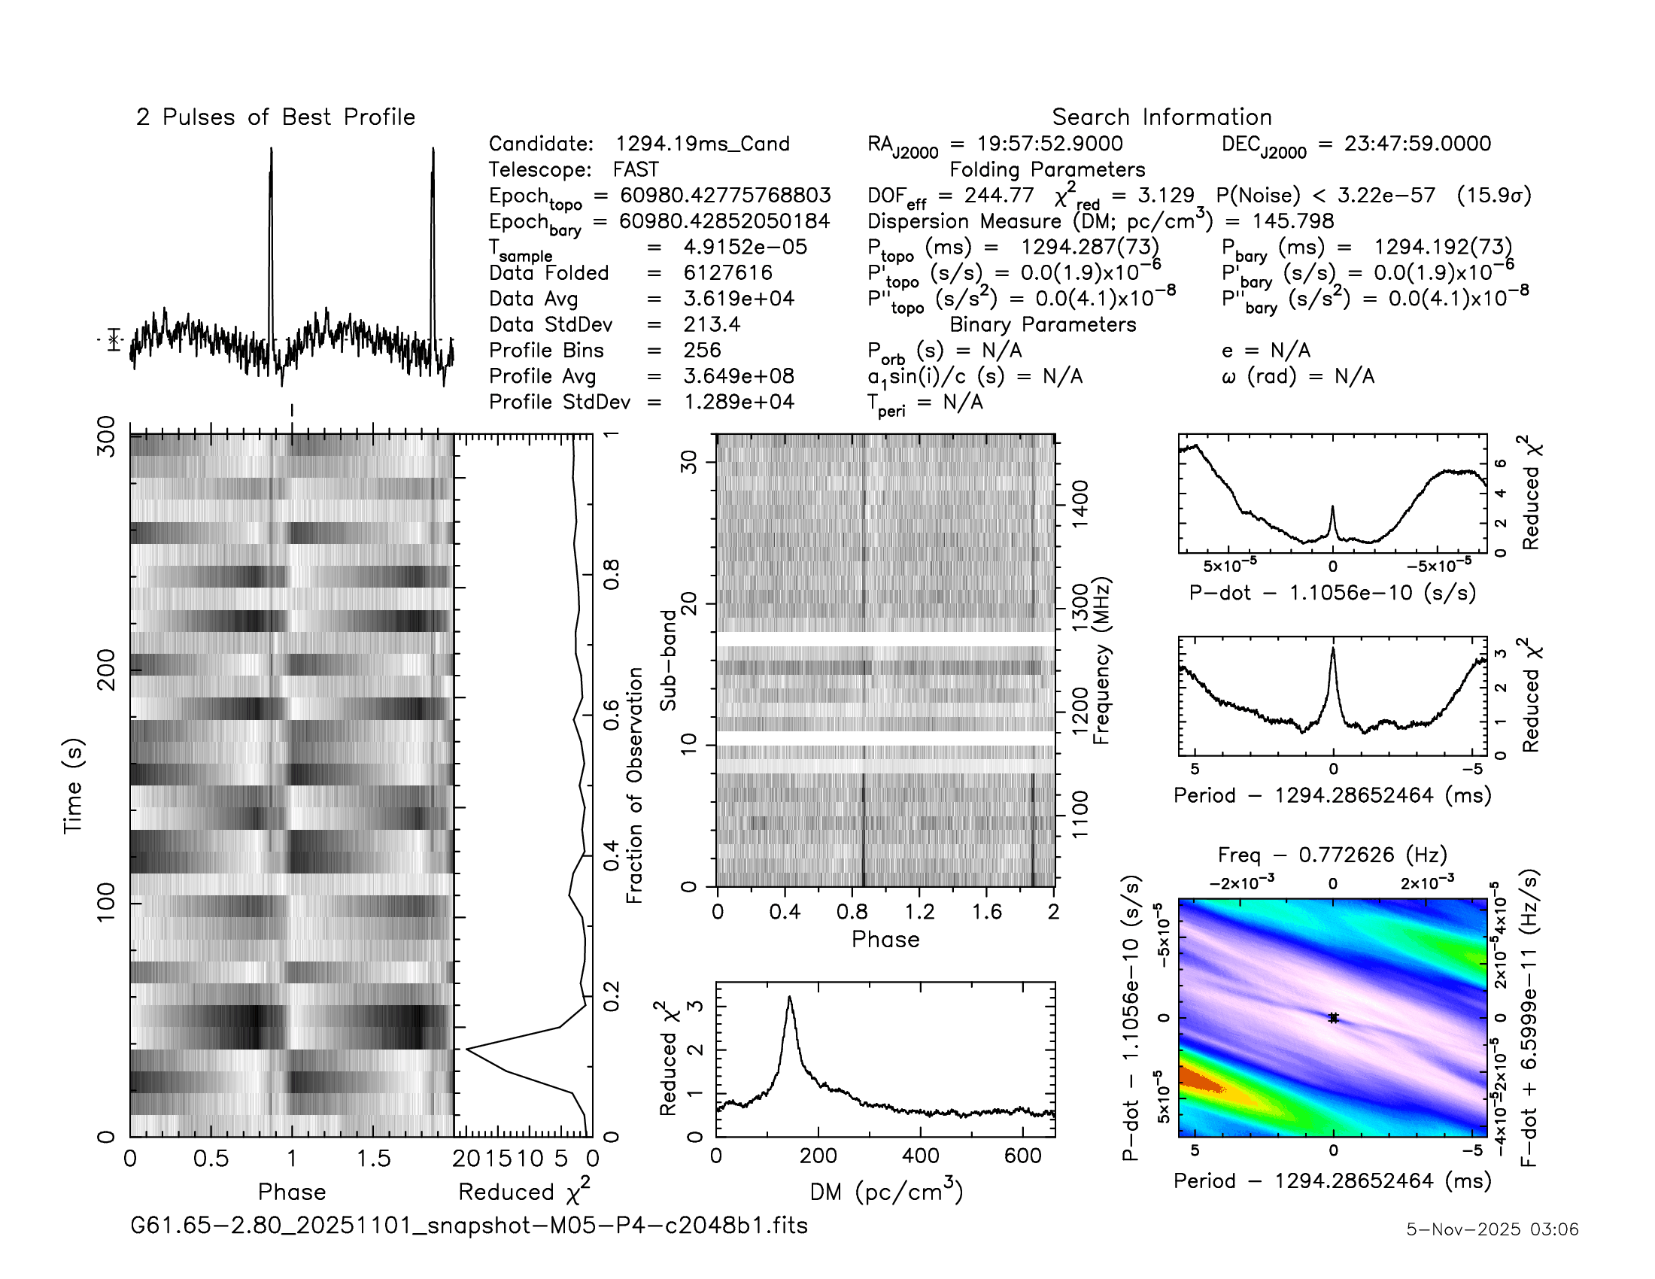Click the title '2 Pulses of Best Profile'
click(275, 117)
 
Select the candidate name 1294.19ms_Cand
click(702, 144)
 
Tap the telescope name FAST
click(636, 170)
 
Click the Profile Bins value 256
click(702, 350)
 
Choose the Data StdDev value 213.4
click(712, 324)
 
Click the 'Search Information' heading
click(1161, 117)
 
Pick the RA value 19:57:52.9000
click(1049, 144)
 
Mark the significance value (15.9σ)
click(1493, 196)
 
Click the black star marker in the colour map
click(1333, 1018)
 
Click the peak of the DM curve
click(790, 997)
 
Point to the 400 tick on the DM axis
click(921, 1156)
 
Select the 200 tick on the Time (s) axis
click(107, 669)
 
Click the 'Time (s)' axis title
click(74, 785)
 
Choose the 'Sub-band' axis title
click(667, 660)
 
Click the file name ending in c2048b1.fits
click(469, 1225)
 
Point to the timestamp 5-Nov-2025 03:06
click(1492, 1229)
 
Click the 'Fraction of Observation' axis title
click(634, 785)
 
